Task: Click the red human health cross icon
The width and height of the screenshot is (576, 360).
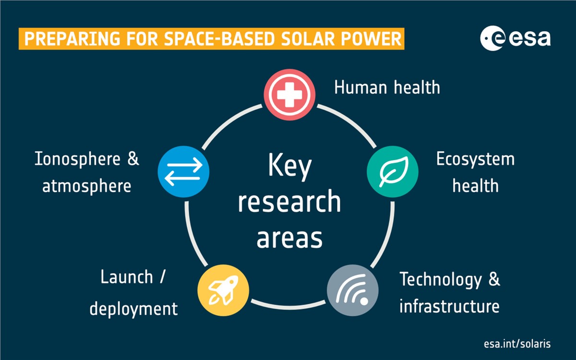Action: coord(289,95)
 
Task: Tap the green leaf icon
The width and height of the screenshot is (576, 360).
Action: coord(393,171)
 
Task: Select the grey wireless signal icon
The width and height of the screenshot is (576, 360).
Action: coord(352,290)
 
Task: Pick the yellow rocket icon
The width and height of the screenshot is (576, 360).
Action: coord(223,290)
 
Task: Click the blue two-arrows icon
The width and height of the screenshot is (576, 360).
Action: coord(183,171)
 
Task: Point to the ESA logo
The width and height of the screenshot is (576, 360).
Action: coord(516,38)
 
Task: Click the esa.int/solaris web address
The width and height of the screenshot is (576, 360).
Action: coord(517,344)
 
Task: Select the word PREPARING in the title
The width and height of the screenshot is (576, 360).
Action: coord(72,39)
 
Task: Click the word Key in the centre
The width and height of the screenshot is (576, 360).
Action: coord(290,167)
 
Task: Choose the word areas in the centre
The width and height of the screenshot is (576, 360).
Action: coord(289,239)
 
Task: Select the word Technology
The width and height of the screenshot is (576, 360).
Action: coord(441,280)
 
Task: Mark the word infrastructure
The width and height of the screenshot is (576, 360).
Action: coord(449,306)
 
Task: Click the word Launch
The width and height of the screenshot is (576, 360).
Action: coord(127,277)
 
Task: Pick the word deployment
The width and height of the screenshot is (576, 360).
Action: coord(133,309)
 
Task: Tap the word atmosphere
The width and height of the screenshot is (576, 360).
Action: coord(87,186)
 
